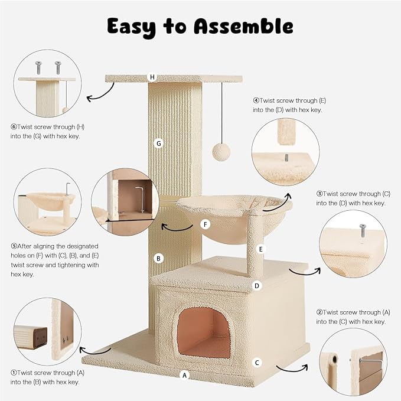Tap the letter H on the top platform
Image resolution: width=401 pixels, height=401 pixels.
pyautogui.click(x=152, y=77)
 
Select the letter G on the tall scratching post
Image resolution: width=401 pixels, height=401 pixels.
pyautogui.click(x=158, y=143)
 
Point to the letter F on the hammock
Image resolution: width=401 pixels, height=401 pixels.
pyautogui.click(x=206, y=224)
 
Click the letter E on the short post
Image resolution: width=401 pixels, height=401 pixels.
pyautogui.click(x=260, y=249)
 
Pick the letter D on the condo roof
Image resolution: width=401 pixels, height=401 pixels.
pyautogui.click(x=256, y=286)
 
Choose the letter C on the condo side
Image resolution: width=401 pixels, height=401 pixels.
pyautogui.click(x=257, y=362)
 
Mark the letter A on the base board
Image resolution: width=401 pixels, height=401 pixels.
pyautogui.click(x=184, y=374)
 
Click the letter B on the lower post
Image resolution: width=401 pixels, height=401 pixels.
pyautogui.click(x=158, y=257)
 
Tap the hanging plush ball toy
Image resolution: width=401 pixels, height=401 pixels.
pyautogui.click(x=220, y=151)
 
